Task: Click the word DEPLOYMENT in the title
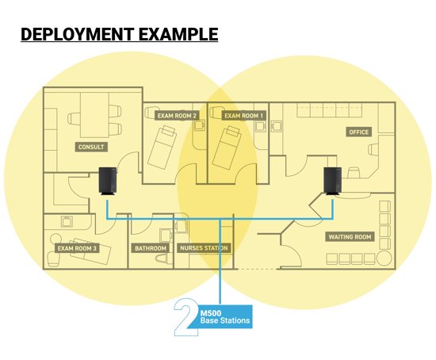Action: coord(78,34)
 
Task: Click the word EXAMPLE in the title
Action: coord(178,34)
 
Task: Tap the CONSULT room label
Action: coord(91,147)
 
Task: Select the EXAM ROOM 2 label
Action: coord(177,116)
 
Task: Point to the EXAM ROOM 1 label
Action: coord(243,116)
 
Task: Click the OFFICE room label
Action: coord(359,132)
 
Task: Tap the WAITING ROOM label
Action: coord(350,237)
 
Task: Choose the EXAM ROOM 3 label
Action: coord(77,248)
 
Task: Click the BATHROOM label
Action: coord(151,248)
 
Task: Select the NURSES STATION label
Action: coord(204,248)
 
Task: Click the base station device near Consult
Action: coord(108,181)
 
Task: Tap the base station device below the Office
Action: coord(333,181)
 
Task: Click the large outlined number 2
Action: coord(185,317)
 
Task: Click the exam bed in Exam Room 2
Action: coord(163,147)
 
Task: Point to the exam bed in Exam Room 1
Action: coord(227,147)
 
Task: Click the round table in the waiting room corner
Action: coord(384,259)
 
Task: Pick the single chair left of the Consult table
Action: coord(74,119)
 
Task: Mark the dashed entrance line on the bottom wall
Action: coord(258,269)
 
